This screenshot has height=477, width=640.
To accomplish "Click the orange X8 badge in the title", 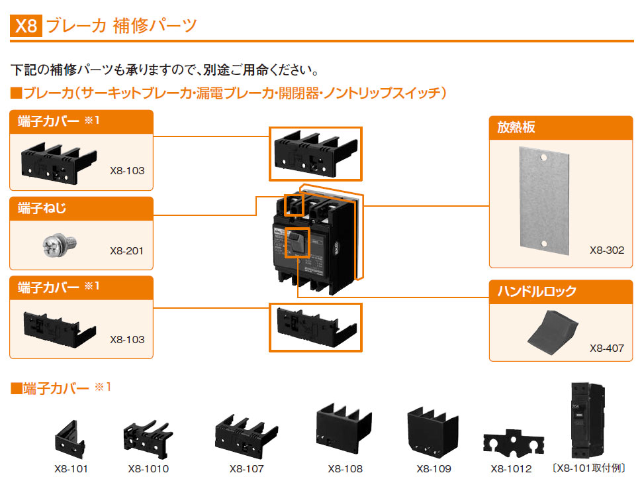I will (x=27, y=26).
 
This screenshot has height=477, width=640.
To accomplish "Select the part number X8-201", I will (x=126, y=250).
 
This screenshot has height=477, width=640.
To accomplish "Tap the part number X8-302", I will (x=606, y=250).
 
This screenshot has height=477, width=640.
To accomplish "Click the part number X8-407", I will (x=606, y=348).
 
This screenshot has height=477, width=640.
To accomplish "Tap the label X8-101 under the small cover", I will (x=71, y=468).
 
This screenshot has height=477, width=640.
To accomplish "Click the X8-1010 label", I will (x=148, y=468).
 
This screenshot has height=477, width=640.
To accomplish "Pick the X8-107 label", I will (x=246, y=468).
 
